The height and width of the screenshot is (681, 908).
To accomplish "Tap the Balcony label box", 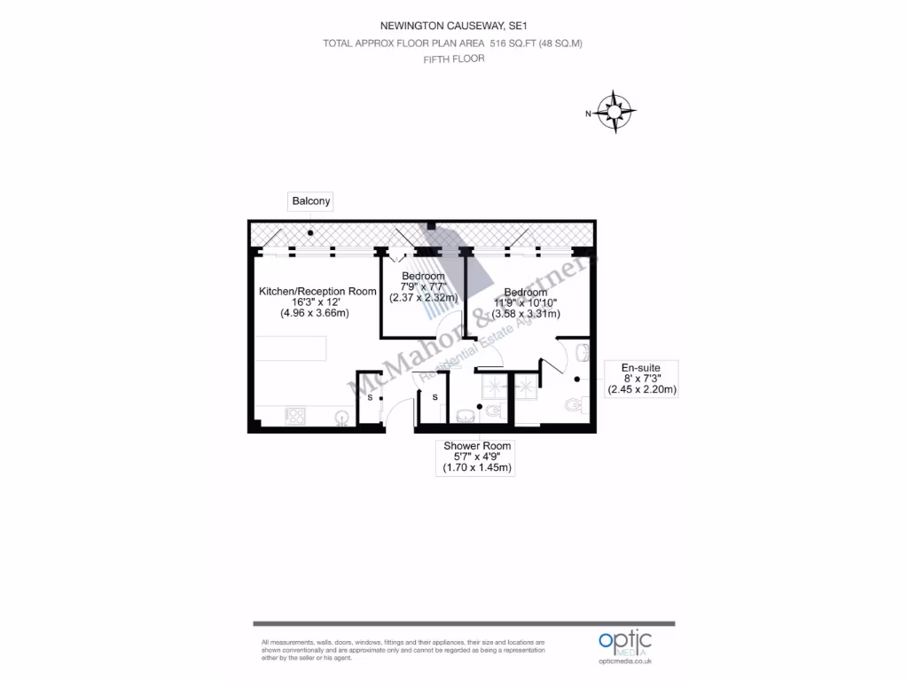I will [x=311, y=201].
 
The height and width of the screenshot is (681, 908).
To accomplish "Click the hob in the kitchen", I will [x=295, y=416].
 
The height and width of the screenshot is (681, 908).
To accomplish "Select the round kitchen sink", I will [x=341, y=416].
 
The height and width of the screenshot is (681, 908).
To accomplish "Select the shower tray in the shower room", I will [x=494, y=386].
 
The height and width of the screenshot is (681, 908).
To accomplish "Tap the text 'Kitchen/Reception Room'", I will [x=317, y=291].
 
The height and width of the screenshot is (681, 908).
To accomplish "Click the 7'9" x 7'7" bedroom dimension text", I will [x=423, y=286].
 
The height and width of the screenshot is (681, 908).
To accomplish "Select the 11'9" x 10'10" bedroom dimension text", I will [x=525, y=302].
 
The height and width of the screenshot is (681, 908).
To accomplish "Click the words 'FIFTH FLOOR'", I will [x=453, y=59].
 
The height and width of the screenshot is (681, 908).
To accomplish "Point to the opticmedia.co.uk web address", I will [x=624, y=661].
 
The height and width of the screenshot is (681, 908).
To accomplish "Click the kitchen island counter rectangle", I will [x=290, y=348].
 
